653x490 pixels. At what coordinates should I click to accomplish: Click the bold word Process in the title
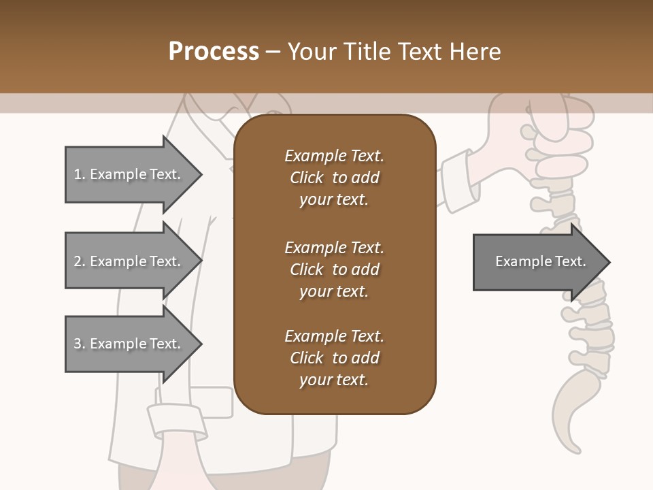214,52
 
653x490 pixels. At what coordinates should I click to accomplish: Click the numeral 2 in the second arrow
78,261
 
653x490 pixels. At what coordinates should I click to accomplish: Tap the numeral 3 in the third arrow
78,344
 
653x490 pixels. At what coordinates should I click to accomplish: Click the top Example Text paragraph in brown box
334,178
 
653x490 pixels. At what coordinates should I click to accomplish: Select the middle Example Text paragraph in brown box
334,269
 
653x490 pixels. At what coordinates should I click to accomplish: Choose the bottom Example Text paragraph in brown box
334,357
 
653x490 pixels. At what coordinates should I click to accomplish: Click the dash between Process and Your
273,52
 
